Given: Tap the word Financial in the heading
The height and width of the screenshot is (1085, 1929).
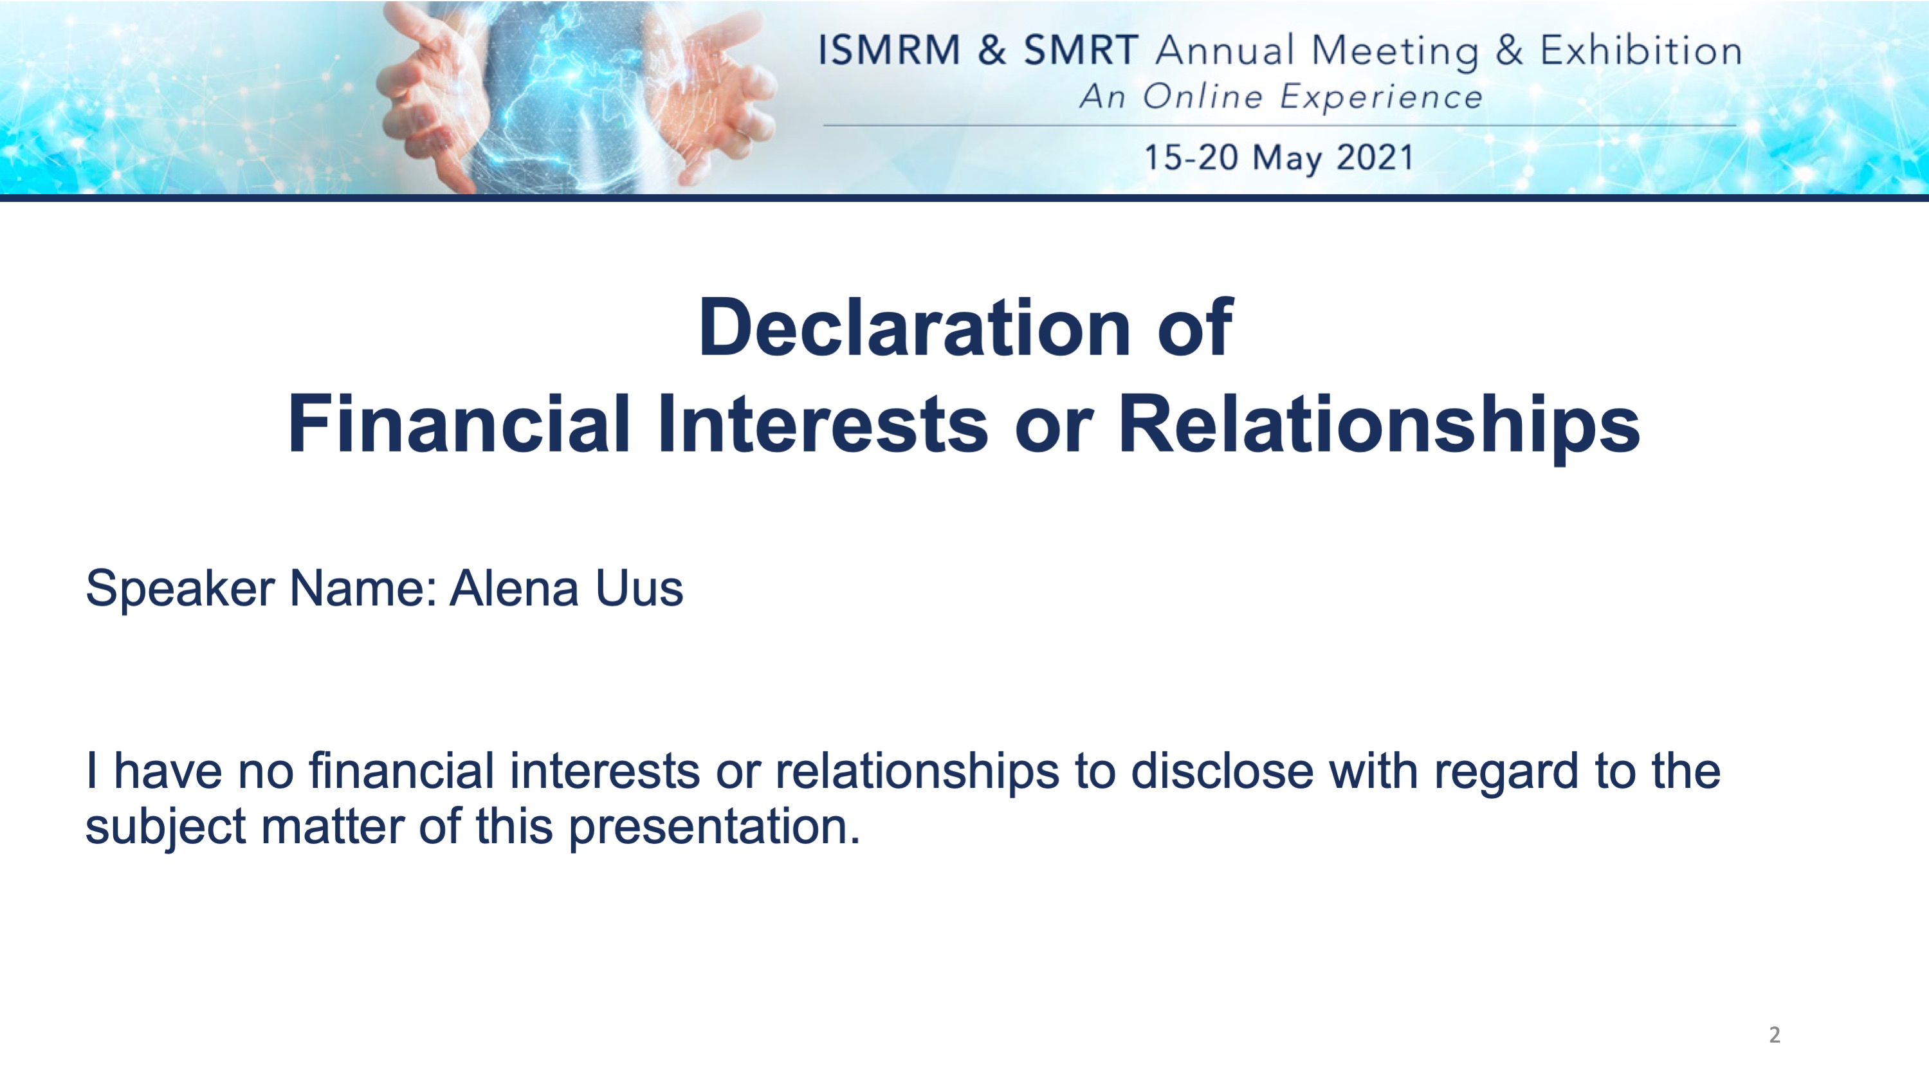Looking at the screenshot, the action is pyautogui.click(x=458, y=423).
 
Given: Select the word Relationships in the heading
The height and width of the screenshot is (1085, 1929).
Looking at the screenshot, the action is pyautogui.click(x=1378, y=425).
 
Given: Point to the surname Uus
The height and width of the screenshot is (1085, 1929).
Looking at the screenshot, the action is pyautogui.click(x=639, y=588).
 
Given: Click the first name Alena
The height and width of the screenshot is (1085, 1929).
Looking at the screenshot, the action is pyautogui.click(x=514, y=588).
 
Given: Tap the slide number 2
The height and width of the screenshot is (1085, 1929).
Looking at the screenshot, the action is pyautogui.click(x=1774, y=1035).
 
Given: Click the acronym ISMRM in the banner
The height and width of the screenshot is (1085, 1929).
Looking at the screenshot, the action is pyautogui.click(x=889, y=51).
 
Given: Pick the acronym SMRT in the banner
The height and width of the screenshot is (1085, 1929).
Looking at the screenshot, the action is pyautogui.click(x=1081, y=51).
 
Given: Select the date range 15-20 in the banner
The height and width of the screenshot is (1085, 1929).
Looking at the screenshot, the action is pyautogui.click(x=1191, y=158).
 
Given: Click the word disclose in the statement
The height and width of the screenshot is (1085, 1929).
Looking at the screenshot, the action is pyautogui.click(x=1221, y=771).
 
